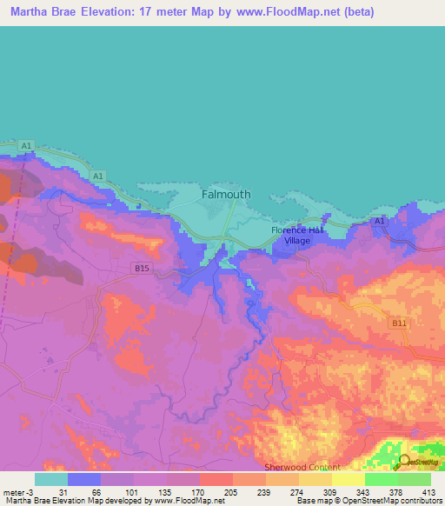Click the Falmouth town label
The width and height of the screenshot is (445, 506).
coord(226,195)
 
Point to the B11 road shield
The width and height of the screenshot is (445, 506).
coord(399,323)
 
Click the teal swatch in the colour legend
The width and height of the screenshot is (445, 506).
coord(51,479)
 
